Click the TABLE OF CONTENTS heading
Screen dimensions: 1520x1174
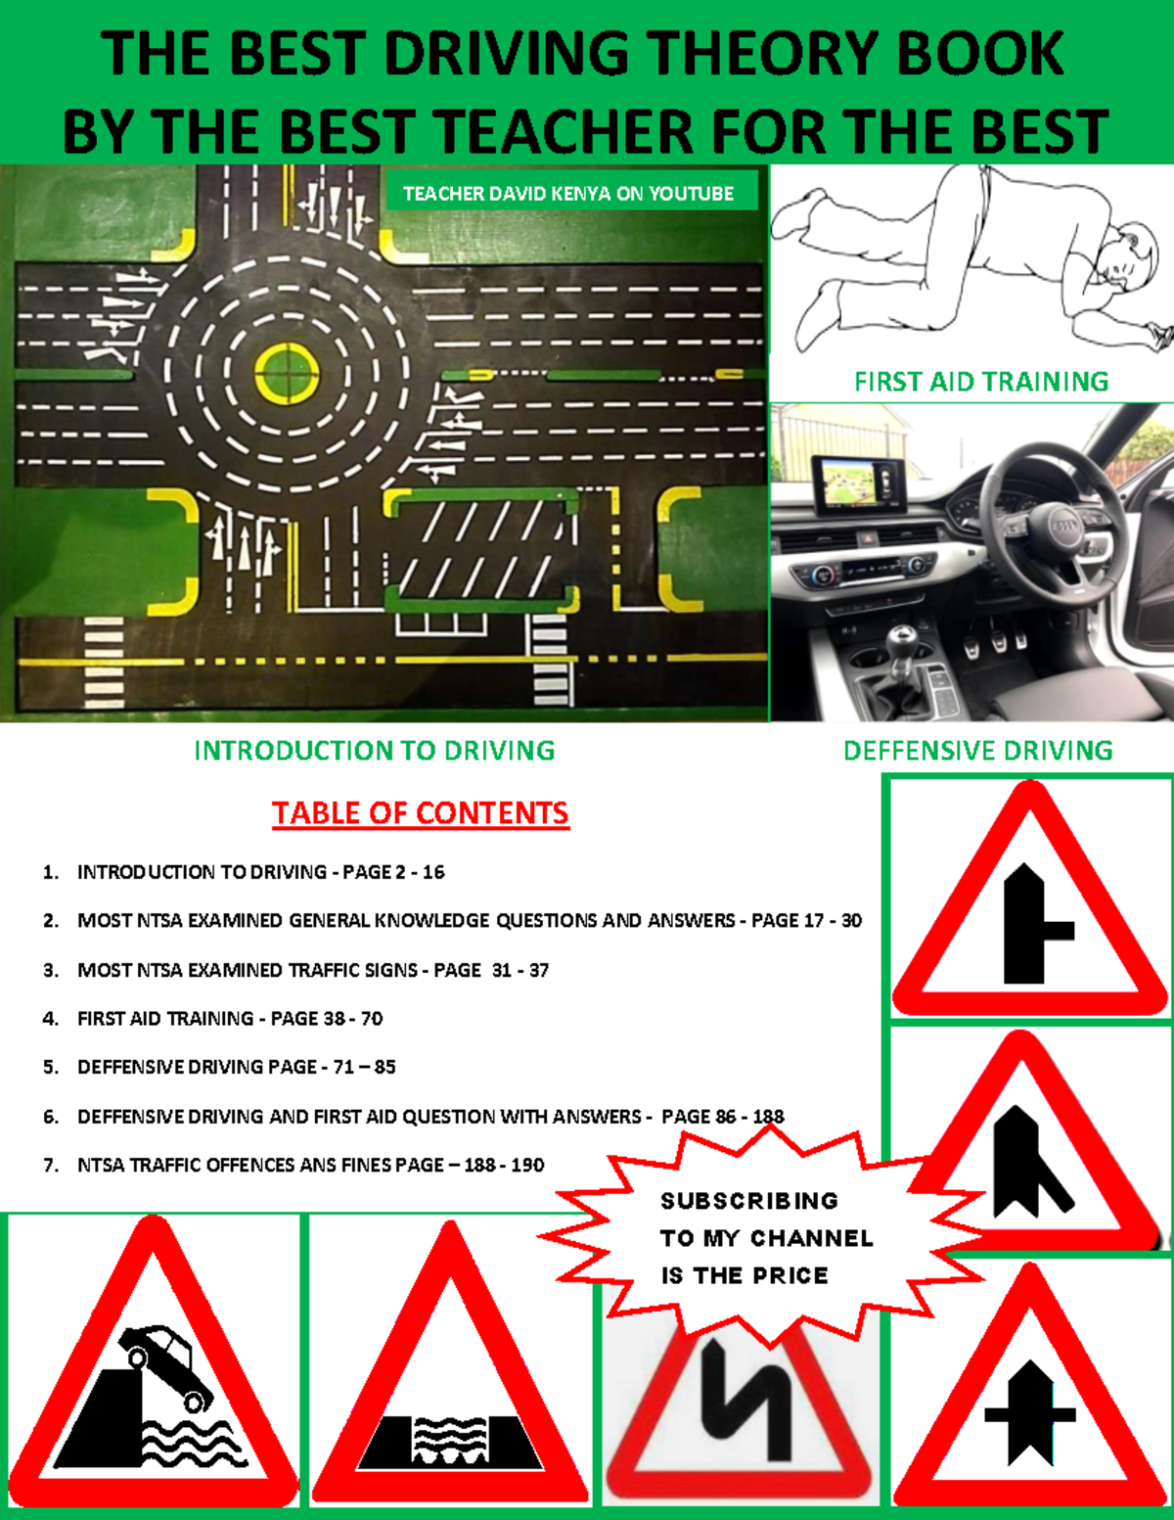coord(421,813)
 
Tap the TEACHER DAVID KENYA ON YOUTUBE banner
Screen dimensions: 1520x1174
coord(568,194)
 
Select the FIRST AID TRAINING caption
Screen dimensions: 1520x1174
coord(981,382)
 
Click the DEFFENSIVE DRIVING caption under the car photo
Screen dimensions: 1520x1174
coord(978,751)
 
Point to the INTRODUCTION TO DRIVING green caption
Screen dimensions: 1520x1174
coord(375,751)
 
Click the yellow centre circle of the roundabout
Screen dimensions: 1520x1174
coord(286,373)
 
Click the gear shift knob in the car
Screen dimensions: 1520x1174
coord(902,641)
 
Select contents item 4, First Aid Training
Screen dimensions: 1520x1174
coord(229,1019)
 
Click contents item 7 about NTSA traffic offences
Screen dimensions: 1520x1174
coord(310,1166)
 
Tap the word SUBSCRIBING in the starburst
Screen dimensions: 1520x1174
coord(749,1201)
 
